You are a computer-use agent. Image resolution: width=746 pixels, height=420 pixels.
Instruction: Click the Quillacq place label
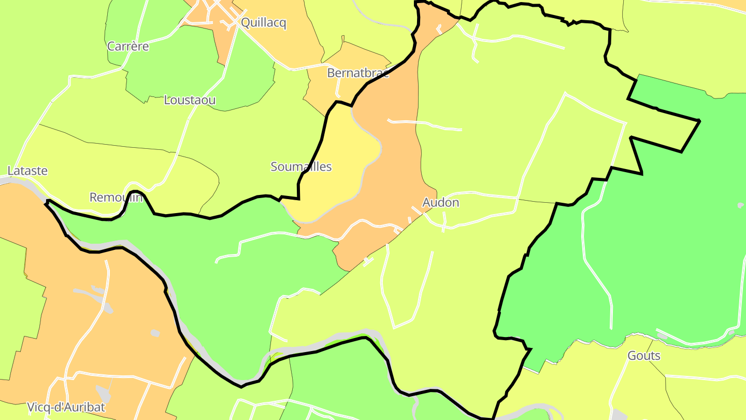pos(264,23)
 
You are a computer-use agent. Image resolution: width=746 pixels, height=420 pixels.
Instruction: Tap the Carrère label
pos(128,47)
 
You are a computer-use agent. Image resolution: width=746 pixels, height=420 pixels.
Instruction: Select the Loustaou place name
pos(190,101)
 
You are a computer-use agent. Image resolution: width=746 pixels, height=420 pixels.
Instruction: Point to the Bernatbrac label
pos(358,73)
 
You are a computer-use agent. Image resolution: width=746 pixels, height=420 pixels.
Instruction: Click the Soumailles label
pos(301,167)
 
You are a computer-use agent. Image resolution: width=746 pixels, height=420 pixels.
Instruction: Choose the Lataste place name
pos(27,171)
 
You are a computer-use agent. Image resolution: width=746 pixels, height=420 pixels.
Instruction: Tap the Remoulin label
pos(116,198)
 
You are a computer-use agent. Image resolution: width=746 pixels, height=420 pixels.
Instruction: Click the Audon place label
pos(441,203)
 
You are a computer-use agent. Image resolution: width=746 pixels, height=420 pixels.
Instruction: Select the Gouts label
pos(644,356)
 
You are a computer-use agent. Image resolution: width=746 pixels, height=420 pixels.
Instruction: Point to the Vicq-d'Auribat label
pos(66,408)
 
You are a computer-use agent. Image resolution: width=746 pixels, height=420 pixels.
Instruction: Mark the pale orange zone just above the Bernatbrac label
pos(357,54)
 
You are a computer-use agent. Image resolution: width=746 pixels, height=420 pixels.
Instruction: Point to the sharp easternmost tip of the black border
pos(699,121)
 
